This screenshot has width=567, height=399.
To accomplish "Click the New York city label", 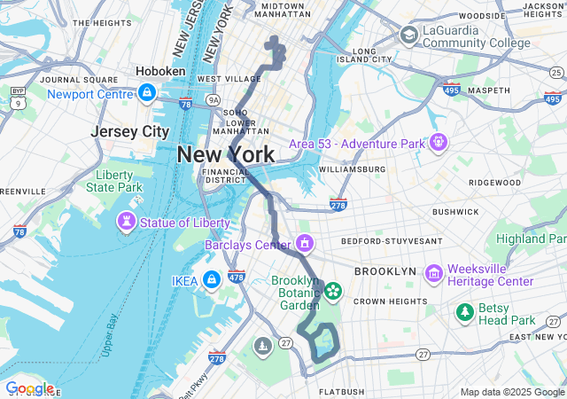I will (x=225, y=154).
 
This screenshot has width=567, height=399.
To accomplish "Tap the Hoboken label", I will (x=160, y=71).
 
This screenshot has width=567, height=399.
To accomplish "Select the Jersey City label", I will (x=130, y=131).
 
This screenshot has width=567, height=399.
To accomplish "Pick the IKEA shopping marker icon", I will (x=211, y=281).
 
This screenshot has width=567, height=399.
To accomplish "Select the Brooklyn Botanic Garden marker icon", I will (x=333, y=290).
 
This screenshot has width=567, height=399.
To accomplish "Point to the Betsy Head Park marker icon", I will (x=464, y=311).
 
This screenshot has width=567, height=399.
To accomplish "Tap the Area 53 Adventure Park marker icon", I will (x=438, y=142).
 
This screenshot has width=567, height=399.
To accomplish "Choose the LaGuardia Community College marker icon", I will (x=409, y=35).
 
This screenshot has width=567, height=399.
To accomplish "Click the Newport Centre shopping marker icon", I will (x=147, y=92).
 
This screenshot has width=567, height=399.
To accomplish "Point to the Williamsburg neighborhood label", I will (x=352, y=168).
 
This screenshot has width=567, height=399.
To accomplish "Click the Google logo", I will (x=29, y=387).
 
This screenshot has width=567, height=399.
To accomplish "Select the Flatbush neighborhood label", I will (x=342, y=391).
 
